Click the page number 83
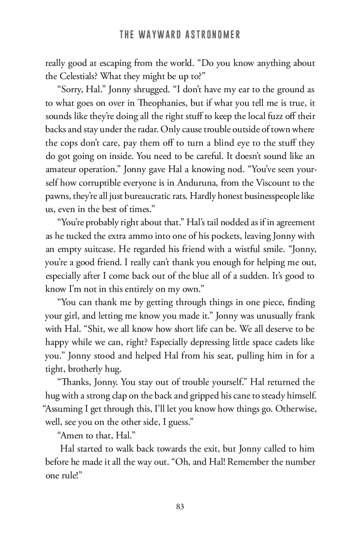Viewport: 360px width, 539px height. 180,507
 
